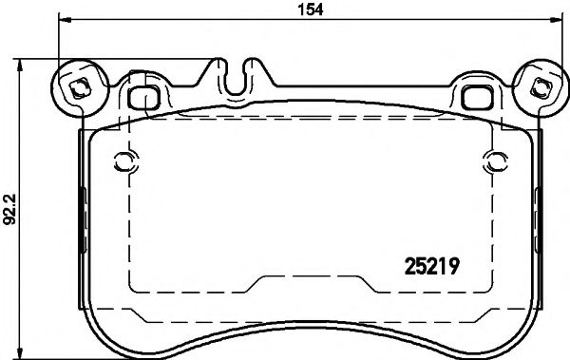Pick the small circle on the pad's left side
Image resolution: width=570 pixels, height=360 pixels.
click(120, 159)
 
